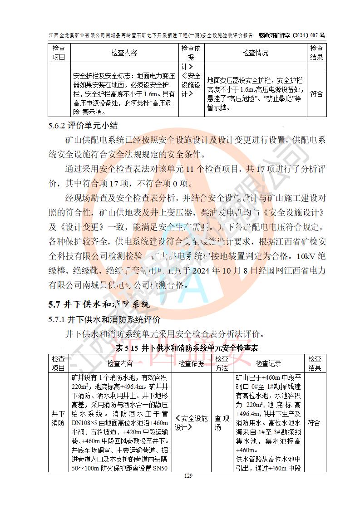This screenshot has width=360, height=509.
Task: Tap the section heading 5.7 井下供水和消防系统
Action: click(99, 303)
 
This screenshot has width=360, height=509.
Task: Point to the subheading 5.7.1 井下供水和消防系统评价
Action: click(104, 320)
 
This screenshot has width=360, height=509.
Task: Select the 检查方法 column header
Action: click(222, 363)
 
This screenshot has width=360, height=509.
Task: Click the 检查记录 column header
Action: click(268, 363)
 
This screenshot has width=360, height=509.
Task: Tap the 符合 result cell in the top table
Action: click(316, 94)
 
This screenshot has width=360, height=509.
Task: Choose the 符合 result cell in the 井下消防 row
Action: click(314, 423)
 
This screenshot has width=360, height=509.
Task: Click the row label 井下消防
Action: click(58, 423)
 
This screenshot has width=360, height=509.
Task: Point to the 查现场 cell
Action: click(222, 423)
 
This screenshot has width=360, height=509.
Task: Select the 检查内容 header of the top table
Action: click(124, 53)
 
